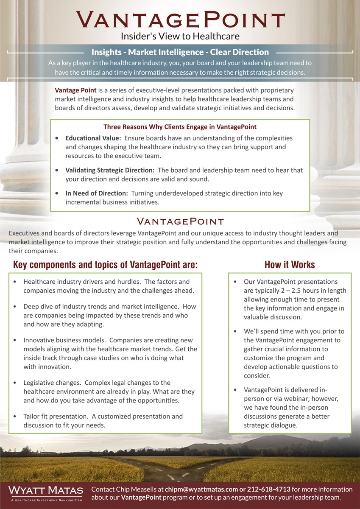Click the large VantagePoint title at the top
(x=180, y=20)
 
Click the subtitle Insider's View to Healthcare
(x=180, y=36)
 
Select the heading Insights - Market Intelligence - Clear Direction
(x=180, y=52)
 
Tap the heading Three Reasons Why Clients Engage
(x=180, y=126)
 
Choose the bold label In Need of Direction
(x=97, y=193)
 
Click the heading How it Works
(x=290, y=265)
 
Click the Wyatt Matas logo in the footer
(x=46, y=491)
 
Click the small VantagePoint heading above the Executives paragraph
(x=180, y=221)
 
